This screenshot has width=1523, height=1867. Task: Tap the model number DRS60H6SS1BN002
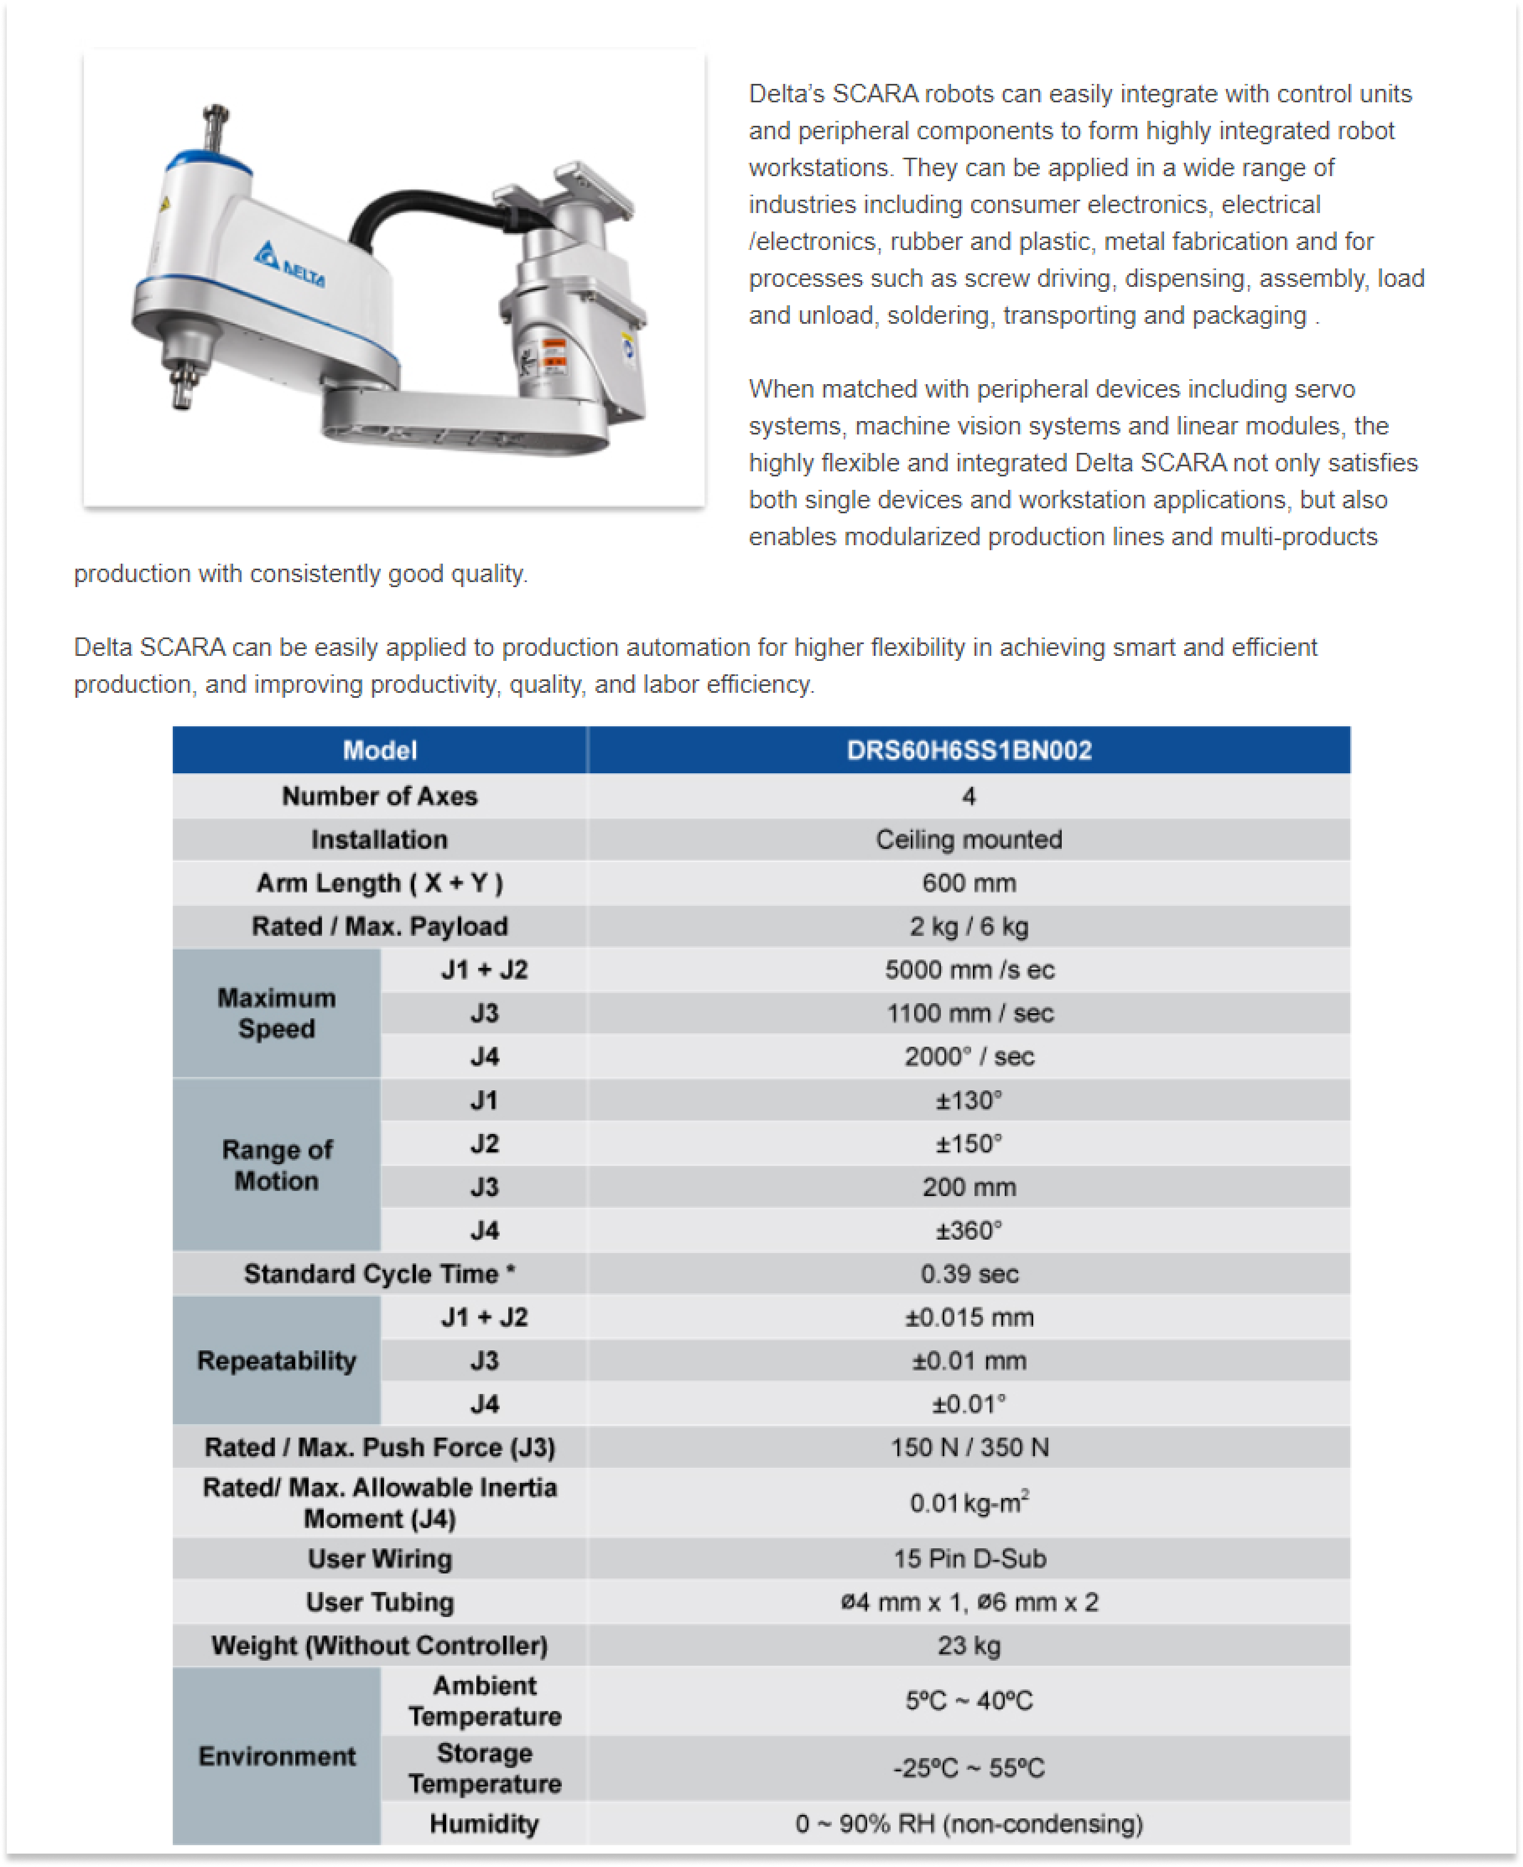[x=968, y=750]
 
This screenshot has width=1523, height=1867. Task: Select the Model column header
[x=379, y=750]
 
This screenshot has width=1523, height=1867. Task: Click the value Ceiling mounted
[x=968, y=840]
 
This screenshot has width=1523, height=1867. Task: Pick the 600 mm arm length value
[x=968, y=882]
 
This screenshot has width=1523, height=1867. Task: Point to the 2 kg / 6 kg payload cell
[x=968, y=927]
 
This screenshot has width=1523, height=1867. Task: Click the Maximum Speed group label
[x=276, y=1013]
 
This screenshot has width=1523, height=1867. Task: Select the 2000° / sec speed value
[x=968, y=1056]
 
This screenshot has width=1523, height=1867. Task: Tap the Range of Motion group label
[x=276, y=1165]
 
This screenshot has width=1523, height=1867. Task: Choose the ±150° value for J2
[x=968, y=1144]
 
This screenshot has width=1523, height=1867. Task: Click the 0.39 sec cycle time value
[x=968, y=1274]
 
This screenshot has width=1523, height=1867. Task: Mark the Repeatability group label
[x=276, y=1361]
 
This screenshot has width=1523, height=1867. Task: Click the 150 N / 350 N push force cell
[x=968, y=1448]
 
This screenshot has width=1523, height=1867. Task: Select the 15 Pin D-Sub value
[x=968, y=1559]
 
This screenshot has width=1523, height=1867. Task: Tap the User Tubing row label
[x=379, y=1602]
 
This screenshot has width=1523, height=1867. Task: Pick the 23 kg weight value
[x=968, y=1646]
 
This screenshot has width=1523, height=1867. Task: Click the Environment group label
[x=276, y=1756]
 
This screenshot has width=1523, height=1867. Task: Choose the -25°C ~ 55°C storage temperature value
[x=968, y=1768]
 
